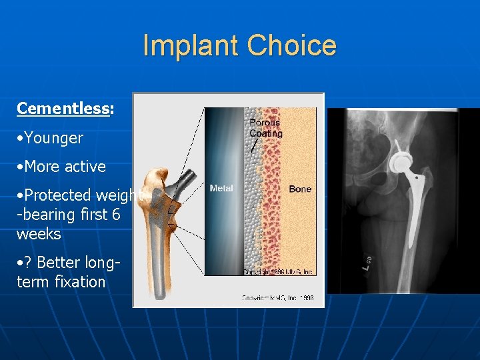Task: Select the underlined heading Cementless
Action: (63, 109)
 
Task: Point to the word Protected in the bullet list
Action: (57, 195)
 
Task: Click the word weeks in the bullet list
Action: (39, 234)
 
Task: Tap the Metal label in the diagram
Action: (221, 189)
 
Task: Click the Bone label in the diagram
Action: (300, 189)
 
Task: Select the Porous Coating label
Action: (265, 127)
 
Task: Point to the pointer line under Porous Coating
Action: (255, 145)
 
